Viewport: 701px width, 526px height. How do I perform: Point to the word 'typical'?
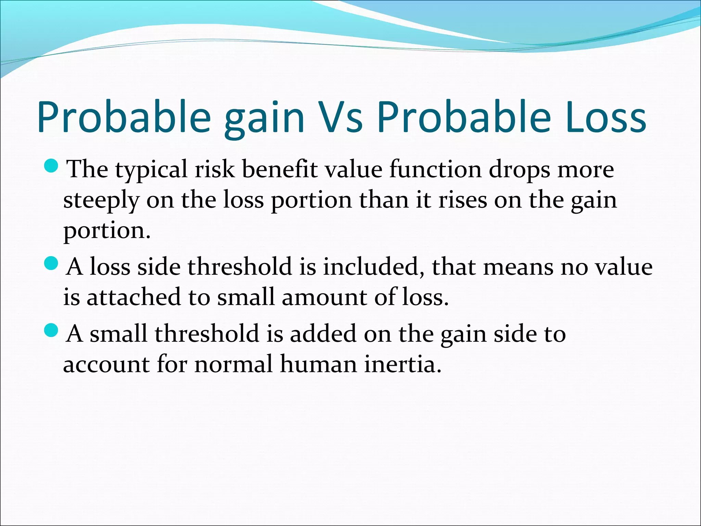coord(151,170)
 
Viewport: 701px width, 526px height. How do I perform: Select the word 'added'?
coord(323,333)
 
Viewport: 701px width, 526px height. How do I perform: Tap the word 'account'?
coord(106,364)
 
